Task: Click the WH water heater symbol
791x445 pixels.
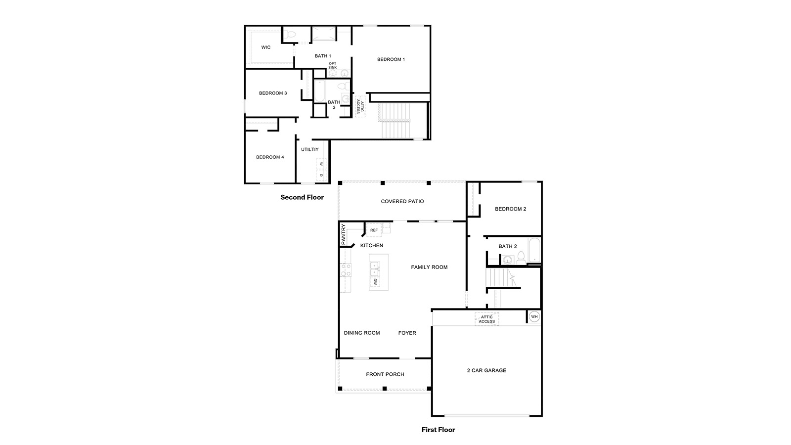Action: coord(534,316)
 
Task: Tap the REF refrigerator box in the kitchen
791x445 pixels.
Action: coord(374,230)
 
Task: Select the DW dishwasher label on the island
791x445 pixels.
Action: coord(375,282)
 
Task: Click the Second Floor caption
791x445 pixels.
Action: coord(302,197)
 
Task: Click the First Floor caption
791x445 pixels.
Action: coord(438,430)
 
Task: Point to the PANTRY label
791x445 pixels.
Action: coord(343,234)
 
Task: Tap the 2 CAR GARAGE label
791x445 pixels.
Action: coord(486,370)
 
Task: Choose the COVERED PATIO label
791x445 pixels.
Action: coord(402,201)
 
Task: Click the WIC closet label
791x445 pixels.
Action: coord(266,47)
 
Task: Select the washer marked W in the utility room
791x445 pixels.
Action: coord(321,164)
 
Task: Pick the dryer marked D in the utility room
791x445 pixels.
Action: coord(321,175)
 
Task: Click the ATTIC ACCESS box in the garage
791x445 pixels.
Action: coord(486,319)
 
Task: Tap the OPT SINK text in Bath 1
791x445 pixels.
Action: coord(332,65)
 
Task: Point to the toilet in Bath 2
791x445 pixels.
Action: coord(521,258)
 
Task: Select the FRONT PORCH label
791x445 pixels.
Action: coord(385,374)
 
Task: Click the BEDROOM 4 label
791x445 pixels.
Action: coord(270,157)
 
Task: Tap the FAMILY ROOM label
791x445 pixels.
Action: coord(429,267)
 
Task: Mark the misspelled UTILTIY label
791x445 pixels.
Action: coord(310,149)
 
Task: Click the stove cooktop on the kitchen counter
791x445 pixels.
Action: coord(346,270)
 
